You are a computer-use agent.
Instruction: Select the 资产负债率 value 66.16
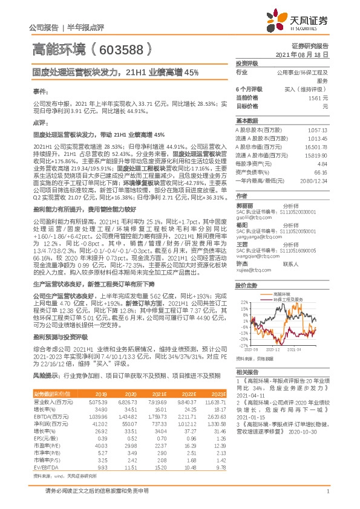321,172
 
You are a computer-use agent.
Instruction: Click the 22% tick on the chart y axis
244,301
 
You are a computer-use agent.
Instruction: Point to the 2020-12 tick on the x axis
278,349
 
